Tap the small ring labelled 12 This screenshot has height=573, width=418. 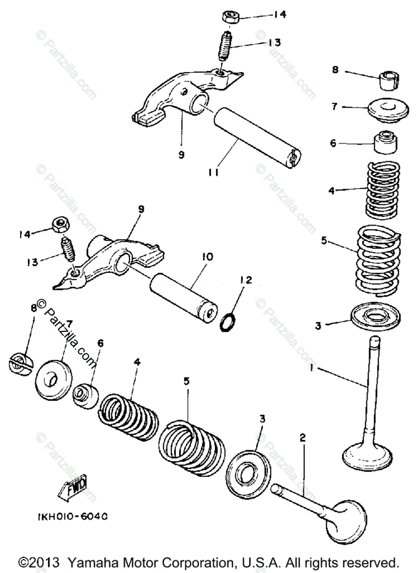point(228,322)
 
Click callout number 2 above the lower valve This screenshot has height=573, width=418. point(302,437)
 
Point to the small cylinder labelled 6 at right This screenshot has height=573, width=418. point(385,141)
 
